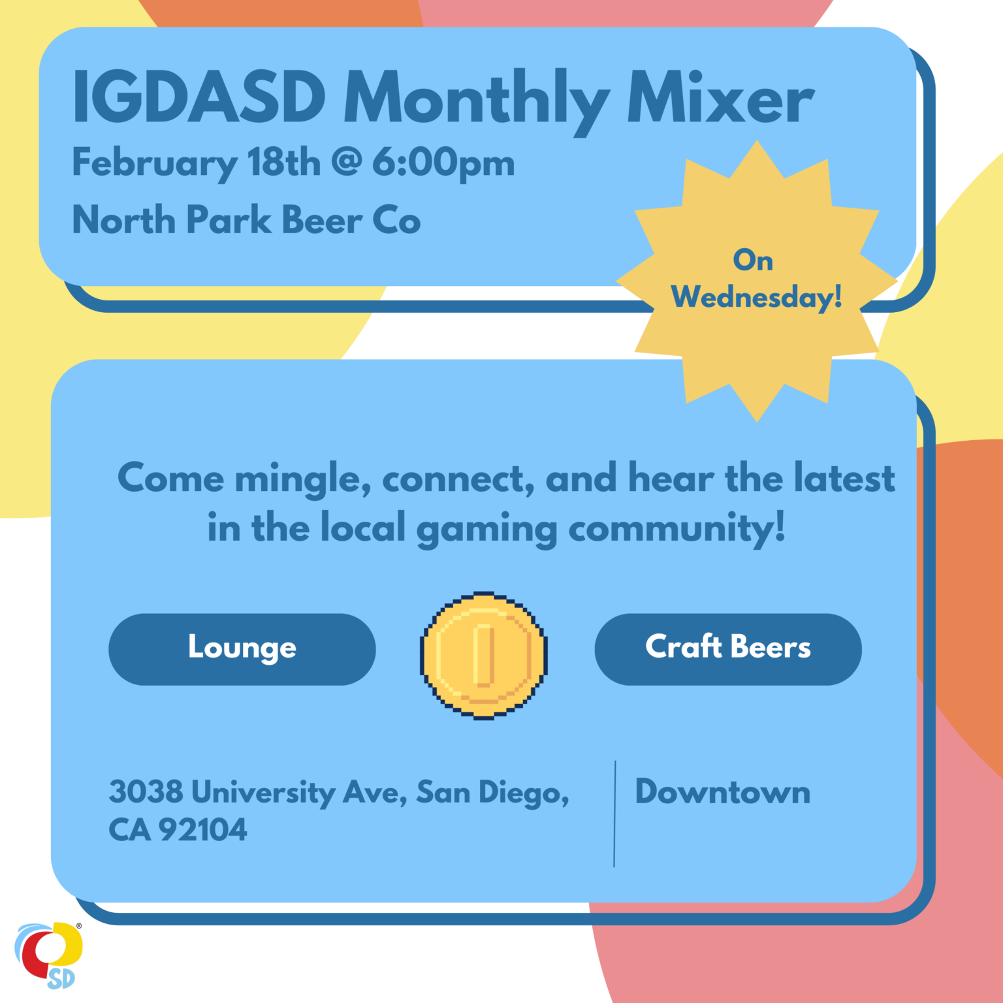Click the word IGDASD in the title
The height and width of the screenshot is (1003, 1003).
pos(199,97)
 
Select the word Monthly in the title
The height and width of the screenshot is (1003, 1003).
pos(477,101)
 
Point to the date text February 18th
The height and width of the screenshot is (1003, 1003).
pos(197,164)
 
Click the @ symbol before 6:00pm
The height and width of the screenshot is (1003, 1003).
pos(346,161)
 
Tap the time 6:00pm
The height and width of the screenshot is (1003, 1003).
pos(443,164)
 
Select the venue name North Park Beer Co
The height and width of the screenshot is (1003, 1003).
pos(246,219)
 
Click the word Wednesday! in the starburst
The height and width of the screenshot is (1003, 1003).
pos(757,298)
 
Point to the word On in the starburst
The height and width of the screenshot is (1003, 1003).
pos(753,260)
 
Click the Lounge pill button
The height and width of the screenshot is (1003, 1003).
pos(242,649)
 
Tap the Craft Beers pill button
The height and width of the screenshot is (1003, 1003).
pos(728,649)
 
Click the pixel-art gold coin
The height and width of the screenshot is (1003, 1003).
pos(483,656)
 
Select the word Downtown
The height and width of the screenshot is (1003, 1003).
pos(723,792)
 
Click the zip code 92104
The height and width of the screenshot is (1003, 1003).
pos(203,830)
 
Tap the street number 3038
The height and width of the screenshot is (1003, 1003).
pos(146,791)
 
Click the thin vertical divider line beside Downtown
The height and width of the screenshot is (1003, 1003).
pos(614,814)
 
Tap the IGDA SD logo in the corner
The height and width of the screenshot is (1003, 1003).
pos(48,955)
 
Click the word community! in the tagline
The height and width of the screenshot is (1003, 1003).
pos(677,530)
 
